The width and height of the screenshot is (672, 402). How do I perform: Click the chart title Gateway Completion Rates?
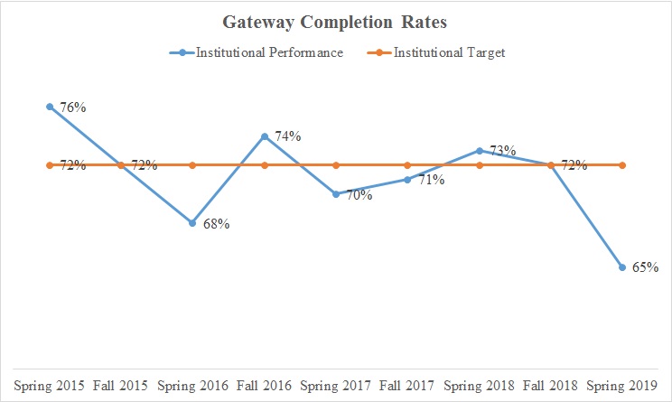tap(336, 22)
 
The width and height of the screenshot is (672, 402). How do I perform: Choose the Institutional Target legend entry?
tap(448, 52)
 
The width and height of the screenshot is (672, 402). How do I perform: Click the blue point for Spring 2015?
tap(49, 107)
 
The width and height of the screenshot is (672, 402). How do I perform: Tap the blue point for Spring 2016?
tap(192, 222)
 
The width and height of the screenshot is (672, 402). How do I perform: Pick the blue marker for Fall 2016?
tap(264, 136)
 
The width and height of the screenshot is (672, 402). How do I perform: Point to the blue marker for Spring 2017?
tap(336, 194)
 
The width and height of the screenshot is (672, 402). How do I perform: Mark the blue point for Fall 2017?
tap(407, 180)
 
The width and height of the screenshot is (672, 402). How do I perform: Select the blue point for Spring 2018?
tap(480, 150)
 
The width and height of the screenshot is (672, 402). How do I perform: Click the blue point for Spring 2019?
tap(622, 266)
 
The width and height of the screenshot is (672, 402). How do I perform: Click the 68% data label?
tap(216, 223)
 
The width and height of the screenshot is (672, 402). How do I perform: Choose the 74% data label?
tap(287, 136)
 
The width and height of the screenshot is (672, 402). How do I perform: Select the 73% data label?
tap(502, 151)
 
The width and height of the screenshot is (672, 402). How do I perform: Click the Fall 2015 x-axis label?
tap(121, 385)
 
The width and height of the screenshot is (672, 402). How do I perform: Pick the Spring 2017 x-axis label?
tap(336, 385)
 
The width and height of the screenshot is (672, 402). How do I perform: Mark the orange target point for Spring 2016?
tap(192, 165)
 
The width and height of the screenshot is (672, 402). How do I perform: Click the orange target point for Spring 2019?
tap(622, 165)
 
